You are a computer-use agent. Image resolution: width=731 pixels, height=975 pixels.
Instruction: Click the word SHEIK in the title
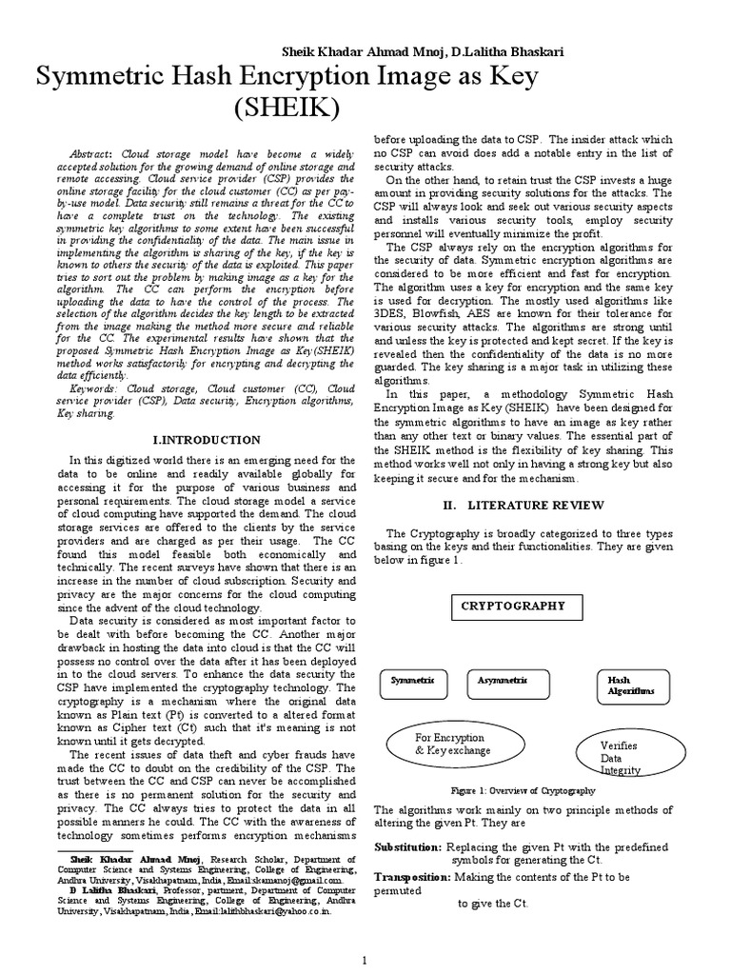point(286,109)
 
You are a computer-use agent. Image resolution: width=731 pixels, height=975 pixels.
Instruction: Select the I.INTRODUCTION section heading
point(207,439)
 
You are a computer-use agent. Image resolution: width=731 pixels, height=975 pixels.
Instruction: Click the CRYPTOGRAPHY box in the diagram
point(513,606)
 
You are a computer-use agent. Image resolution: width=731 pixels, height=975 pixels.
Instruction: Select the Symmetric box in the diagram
point(419,681)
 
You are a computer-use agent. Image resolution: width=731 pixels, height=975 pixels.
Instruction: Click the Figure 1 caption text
point(523,790)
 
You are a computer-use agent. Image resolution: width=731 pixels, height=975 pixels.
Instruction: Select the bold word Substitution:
point(407,846)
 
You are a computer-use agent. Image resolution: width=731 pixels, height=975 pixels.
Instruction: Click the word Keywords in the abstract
point(93,388)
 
